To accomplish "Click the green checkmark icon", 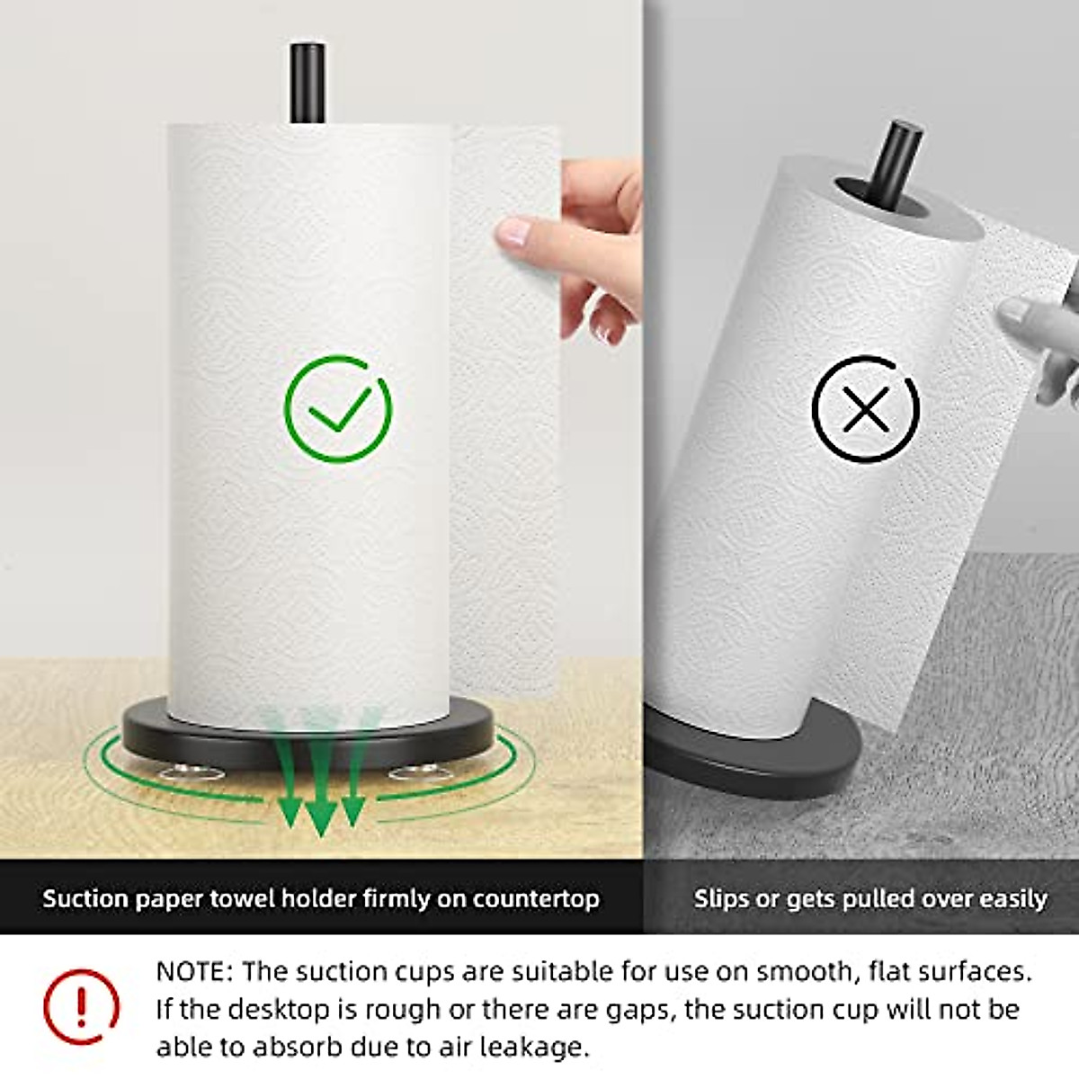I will [x=338, y=409].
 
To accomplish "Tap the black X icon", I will [x=865, y=409].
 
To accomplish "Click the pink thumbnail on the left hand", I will [x=513, y=232].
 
